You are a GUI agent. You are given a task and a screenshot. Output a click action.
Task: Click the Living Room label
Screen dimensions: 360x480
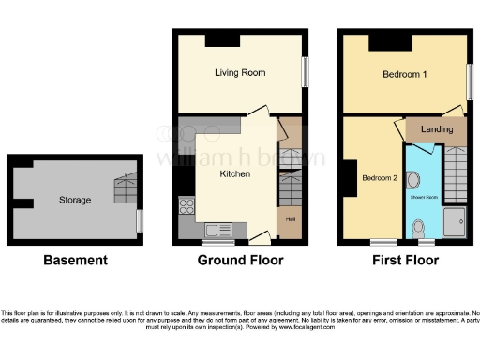[x=240, y=72]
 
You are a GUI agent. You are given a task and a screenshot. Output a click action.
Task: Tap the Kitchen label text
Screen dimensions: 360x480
[x=234, y=174]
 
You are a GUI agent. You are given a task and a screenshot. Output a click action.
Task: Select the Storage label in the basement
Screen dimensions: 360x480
[x=75, y=200]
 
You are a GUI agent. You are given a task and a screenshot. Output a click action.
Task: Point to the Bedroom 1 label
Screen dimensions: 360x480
[x=404, y=74]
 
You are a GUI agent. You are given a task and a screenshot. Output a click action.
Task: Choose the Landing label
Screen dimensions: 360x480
[x=437, y=129]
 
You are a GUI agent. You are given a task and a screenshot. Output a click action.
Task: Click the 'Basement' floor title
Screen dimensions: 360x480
[x=75, y=260]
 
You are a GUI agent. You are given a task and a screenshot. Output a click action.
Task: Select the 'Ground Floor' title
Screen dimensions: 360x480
[x=240, y=260]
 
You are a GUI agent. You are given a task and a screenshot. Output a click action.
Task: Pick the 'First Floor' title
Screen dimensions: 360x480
[x=405, y=260]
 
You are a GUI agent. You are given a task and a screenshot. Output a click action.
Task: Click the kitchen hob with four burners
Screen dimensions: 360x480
[x=187, y=207]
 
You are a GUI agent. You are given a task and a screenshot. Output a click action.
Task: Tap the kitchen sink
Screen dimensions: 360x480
[x=219, y=229]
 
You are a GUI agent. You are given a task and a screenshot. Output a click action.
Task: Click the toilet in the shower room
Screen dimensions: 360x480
[x=418, y=227]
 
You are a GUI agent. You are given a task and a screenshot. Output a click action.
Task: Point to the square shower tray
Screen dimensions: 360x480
[x=456, y=222]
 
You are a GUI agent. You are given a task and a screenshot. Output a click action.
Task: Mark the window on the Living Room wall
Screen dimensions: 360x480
[x=305, y=71]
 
